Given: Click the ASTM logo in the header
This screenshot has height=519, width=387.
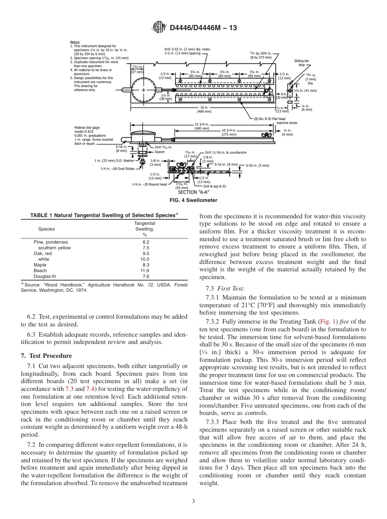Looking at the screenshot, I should (159, 28).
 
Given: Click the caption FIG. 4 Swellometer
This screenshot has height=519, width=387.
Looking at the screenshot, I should (193, 200).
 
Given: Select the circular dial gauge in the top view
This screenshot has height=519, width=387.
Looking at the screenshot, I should (144, 90).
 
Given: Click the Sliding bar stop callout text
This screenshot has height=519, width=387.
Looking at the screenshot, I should (301, 63).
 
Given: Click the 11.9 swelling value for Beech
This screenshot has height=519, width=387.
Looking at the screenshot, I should (145, 271).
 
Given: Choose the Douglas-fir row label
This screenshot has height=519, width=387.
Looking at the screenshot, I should (44, 276).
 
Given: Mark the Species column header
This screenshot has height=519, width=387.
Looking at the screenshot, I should (46, 229).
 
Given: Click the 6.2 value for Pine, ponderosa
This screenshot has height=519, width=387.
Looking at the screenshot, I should (145, 242).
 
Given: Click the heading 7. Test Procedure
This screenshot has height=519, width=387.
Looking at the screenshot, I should (46, 356).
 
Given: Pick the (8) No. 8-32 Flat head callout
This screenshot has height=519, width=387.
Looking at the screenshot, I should (273, 119).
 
